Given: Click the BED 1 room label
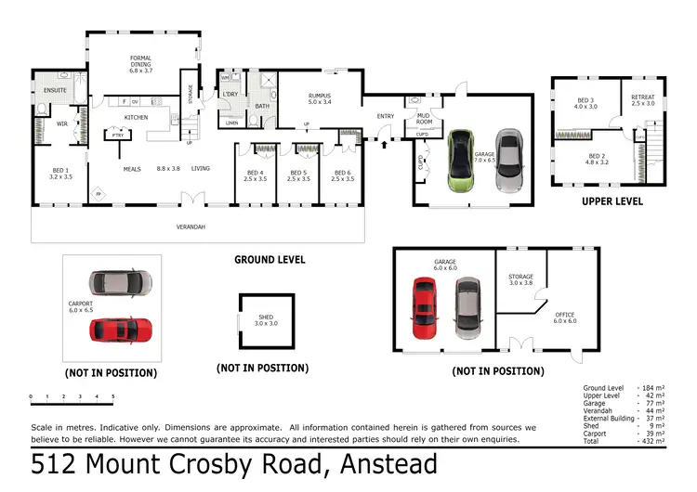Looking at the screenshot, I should click(x=60, y=172).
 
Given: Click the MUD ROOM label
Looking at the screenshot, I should click(x=424, y=118).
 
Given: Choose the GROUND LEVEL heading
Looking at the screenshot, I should click(x=270, y=260).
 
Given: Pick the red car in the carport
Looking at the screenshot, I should click(x=122, y=329).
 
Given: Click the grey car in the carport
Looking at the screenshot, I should click(x=122, y=281).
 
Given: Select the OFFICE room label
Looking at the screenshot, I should click(x=565, y=317).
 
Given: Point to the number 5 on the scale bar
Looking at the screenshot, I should click(x=112, y=397).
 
